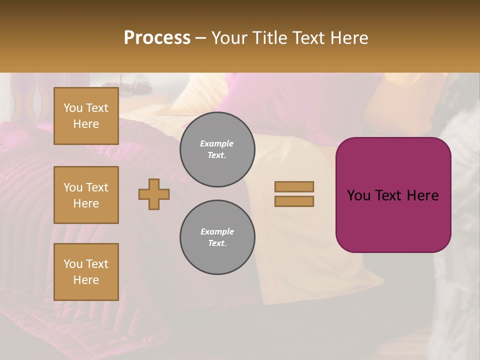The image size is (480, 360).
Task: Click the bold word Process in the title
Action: tap(157, 37)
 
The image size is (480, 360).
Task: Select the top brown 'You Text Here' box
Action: tap(86, 116)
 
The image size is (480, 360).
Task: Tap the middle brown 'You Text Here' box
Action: tap(86, 195)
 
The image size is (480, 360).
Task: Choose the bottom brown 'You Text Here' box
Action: tap(86, 272)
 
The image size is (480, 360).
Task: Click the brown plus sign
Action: tap(154, 194)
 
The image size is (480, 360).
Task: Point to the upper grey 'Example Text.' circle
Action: tap(217, 149)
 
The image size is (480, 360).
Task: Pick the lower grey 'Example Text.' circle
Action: tap(217, 237)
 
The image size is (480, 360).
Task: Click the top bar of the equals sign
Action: tap(294, 186)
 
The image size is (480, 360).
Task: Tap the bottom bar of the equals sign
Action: tap(294, 201)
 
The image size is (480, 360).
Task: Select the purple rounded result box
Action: tap(393, 220)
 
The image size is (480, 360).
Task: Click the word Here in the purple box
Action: tap(422, 195)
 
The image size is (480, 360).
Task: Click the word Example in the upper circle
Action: tap(217, 143)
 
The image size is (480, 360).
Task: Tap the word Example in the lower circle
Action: tap(217, 231)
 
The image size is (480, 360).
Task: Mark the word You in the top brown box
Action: tap(72, 108)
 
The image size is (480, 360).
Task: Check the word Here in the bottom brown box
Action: tap(86, 280)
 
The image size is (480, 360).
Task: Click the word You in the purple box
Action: tap(358, 195)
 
